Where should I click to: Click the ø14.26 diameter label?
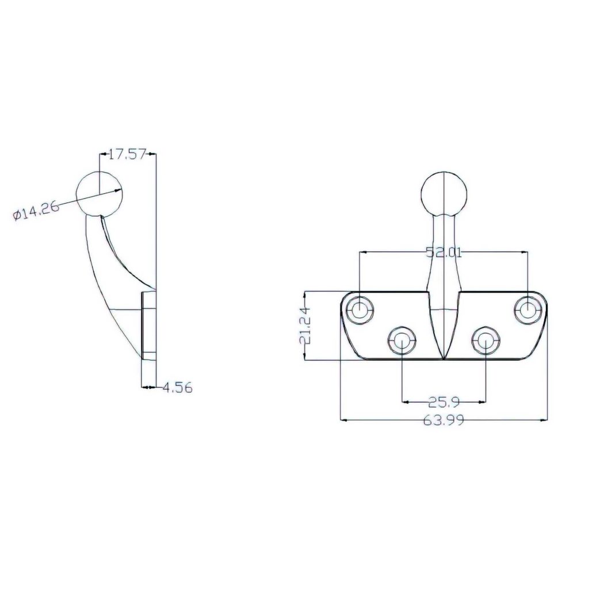36,212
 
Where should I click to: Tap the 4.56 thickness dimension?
177,388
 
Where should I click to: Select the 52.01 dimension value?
443,251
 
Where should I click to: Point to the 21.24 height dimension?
305,326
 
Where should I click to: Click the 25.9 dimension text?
443,401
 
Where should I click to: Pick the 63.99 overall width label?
443,420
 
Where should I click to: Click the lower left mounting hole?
401,341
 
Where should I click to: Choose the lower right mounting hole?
485,341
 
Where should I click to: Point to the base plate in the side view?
148,326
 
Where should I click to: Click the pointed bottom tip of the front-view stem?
443,356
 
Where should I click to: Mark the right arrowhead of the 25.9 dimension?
483,401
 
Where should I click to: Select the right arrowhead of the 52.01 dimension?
525,251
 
